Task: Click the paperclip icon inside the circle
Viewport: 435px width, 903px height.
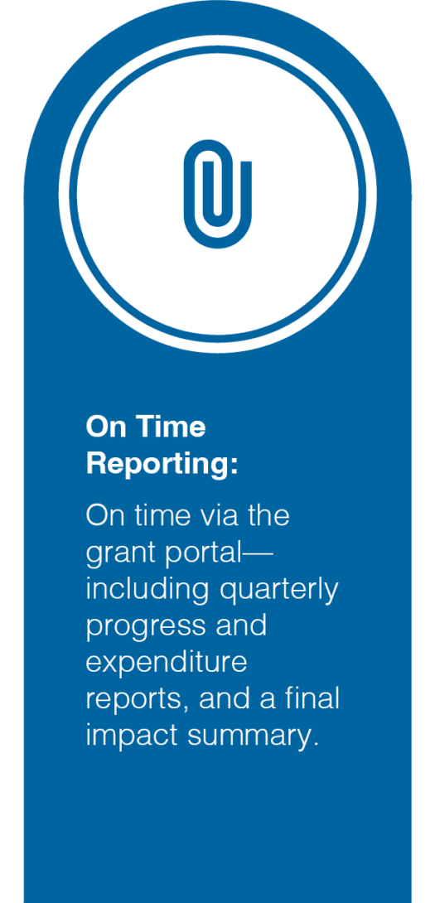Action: tap(217, 194)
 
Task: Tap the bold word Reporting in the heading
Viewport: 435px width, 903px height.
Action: tap(157, 465)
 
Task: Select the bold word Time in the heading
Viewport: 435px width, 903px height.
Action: tap(172, 427)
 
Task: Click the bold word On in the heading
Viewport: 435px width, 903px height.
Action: tap(107, 427)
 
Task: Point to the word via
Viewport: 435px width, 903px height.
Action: tap(220, 516)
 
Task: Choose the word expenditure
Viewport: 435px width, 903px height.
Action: tap(167, 665)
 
